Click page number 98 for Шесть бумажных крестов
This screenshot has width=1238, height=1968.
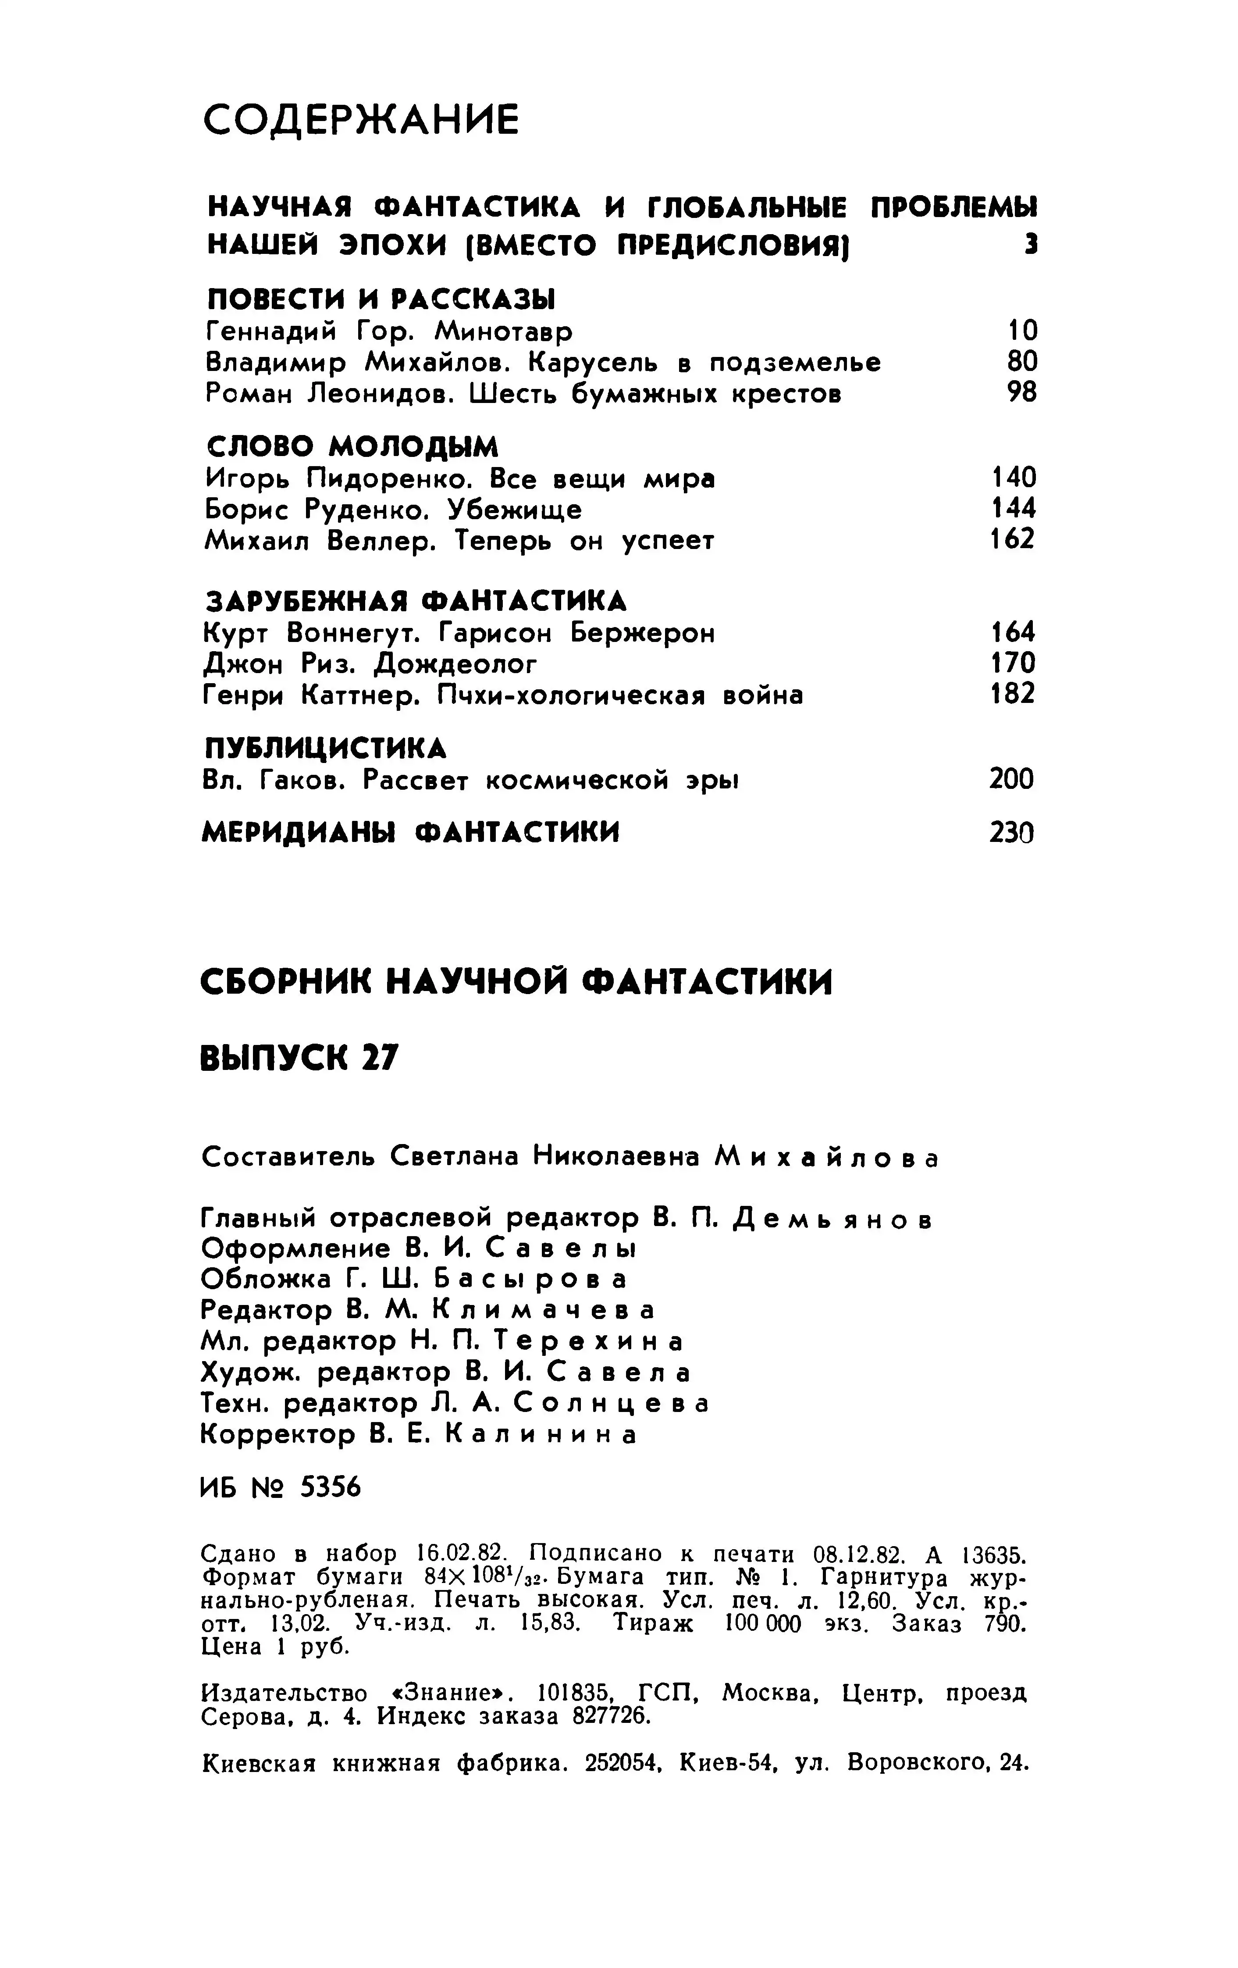coord(1021,393)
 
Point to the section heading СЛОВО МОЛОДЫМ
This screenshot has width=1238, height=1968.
coord(352,446)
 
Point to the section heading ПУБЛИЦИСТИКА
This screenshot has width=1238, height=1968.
coord(324,748)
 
